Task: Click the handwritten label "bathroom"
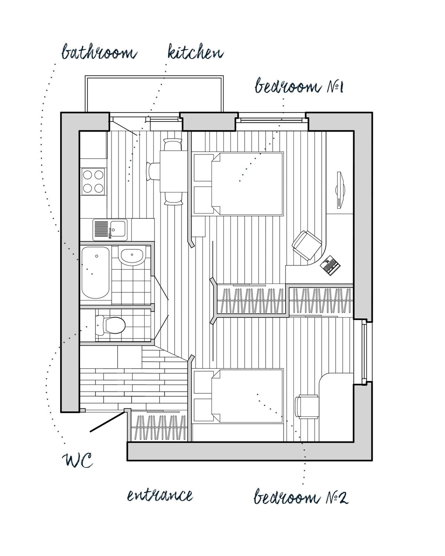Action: click(x=99, y=52)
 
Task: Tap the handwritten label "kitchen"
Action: click(x=195, y=52)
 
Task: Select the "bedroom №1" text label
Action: click(x=299, y=87)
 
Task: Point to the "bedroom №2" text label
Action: click(x=301, y=497)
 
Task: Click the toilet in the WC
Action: click(x=109, y=325)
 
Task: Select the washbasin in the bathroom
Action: click(x=132, y=256)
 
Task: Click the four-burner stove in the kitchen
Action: click(x=93, y=181)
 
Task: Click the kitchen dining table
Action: click(x=174, y=171)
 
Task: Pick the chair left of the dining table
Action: click(x=153, y=171)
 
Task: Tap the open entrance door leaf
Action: click(x=107, y=422)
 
